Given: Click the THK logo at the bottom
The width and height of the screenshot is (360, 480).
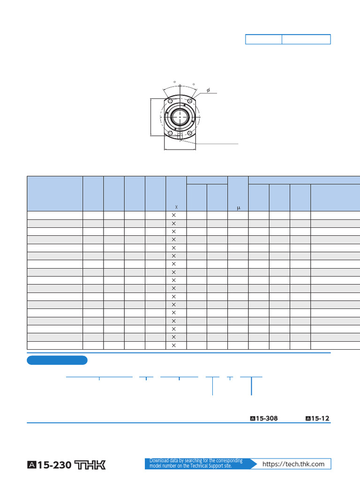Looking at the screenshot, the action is pos(90,465).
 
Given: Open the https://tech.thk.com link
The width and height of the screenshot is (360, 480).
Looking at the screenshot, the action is pos(293,464).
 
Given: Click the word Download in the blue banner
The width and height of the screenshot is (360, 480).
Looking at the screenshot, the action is pos(159,461).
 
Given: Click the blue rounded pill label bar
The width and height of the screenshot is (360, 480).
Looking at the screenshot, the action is pos(57,360).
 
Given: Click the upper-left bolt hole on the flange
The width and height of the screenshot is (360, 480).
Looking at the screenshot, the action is pos(170,101).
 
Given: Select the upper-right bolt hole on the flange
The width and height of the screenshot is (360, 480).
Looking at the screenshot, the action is pos(190,101).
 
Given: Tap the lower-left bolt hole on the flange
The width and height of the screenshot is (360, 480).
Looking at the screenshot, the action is pos(170,133).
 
